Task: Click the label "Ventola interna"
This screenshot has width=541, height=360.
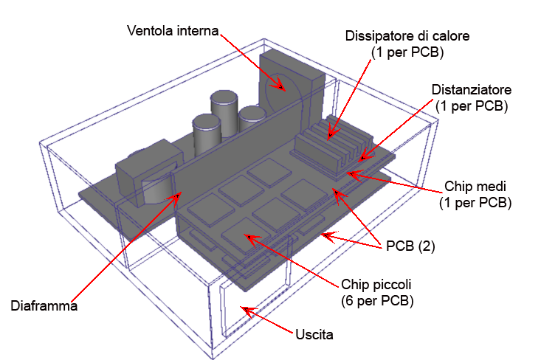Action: click(173, 31)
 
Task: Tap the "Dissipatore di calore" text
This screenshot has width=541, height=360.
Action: click(407, 36)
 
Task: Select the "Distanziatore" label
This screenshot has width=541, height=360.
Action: click(472, 90)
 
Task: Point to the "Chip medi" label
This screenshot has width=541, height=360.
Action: click(475, 186)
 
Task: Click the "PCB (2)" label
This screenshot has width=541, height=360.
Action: click(410, 246)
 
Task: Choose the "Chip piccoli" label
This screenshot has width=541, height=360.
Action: click(376, 285)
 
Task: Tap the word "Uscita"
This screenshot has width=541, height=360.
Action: click(314, 334)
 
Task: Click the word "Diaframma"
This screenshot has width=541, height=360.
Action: click(44, 306)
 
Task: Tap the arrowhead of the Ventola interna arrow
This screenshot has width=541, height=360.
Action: click(280, 86)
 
